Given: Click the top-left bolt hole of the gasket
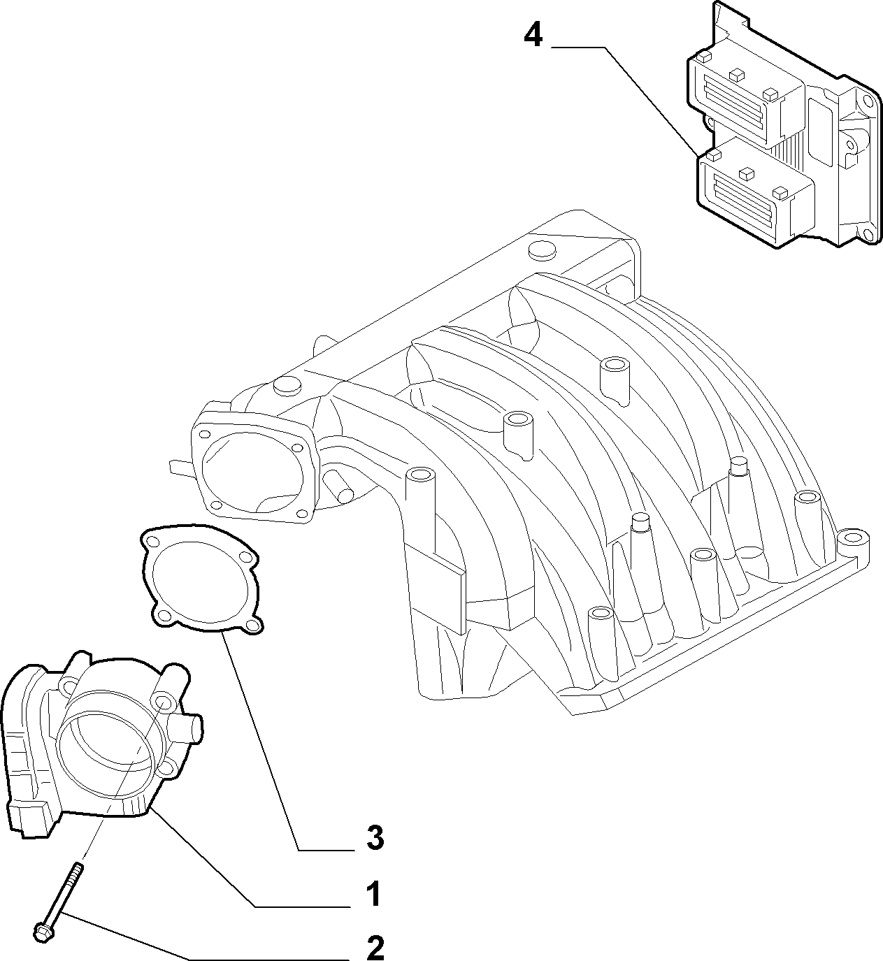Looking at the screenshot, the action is [x=153, y=542].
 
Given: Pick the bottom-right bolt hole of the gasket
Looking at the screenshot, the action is [x=250, y=623].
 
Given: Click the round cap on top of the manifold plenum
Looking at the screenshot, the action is [x=543, y=252].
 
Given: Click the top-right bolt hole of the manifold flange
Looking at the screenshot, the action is [x=297, y=448].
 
